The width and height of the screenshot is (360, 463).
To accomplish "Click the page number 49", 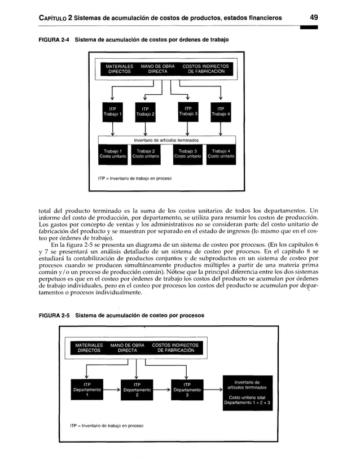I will pos(313,18).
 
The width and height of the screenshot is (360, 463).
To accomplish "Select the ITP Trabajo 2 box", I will pos(145,111).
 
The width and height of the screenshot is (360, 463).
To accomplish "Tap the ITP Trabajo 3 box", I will pos(187,111).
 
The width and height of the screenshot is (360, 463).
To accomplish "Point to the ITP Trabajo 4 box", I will pos(221,111).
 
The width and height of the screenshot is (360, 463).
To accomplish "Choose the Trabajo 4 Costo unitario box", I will pos(221,154).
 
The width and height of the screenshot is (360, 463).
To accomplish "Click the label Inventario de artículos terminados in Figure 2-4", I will pos(166,140).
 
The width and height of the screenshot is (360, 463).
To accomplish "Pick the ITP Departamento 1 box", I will pos(87,390).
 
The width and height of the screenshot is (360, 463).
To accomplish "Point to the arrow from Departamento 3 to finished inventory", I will pos(213,390).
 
